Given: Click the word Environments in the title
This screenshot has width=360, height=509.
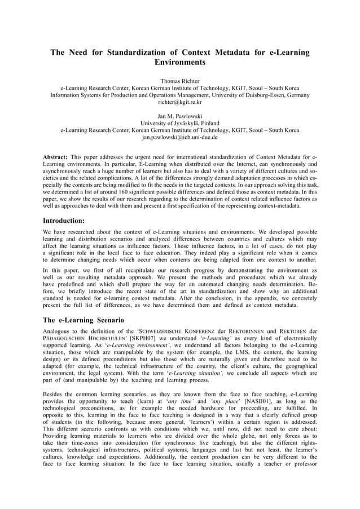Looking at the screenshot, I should pyautogui.click(x=180, y=62).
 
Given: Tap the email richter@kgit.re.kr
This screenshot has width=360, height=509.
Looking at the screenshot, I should pyautogui.click(x=180, y=102).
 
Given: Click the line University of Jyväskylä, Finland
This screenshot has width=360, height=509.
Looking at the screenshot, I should pyautogui.click(x=180, y=123).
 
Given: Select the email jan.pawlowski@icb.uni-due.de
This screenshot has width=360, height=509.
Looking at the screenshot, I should pyautogui.click(x=180, y=137).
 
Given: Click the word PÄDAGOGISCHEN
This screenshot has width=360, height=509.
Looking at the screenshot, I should pyautogui.click(x=63, y=338).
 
